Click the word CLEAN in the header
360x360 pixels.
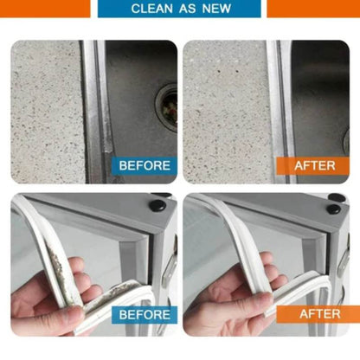coord(152,9)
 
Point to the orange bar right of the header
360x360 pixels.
coord(312,8)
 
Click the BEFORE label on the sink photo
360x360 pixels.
coord(144,165)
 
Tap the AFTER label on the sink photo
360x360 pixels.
coord(316,165)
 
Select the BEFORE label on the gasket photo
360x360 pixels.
coord(144,313)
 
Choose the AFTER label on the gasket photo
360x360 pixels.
coord(319,313)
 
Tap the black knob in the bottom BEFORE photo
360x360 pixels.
coord(159,208)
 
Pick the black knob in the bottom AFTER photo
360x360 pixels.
coord(334,209)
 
